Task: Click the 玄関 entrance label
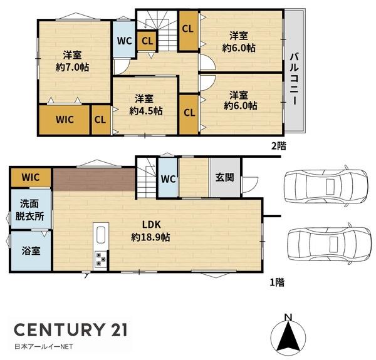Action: tap(225, 178)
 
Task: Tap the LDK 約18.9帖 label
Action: tap(151, 231)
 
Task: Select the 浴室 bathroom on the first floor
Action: tap(31, 250)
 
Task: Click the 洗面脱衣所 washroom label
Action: tap(29, 210)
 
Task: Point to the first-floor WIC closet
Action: tap(31, 177)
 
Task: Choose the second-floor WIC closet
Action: tap(65, 120)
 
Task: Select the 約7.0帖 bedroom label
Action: tap(73, 61)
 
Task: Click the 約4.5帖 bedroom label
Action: tap(146, 105)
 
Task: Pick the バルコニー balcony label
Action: tap(295, 79)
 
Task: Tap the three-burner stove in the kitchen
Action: tap(100, 260)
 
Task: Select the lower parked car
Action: tap(329, 244)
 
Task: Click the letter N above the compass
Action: tap(288, 317)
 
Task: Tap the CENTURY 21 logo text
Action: tap(71, 329)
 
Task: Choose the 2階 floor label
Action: tap(279, 145)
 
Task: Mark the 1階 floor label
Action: tap(277, 282)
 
